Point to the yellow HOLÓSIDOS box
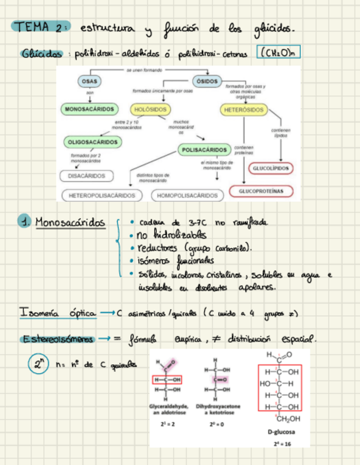click(x=151, y=109)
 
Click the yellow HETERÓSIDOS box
click(x=244, y=110)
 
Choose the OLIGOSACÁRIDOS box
click(x=93, y=142)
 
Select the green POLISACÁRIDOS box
click(x=203, y=149)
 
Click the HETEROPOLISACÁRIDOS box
click(x=102, y=195)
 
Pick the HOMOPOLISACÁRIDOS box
click(x=187, y=195)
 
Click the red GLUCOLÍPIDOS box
click(x=271, y=168)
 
